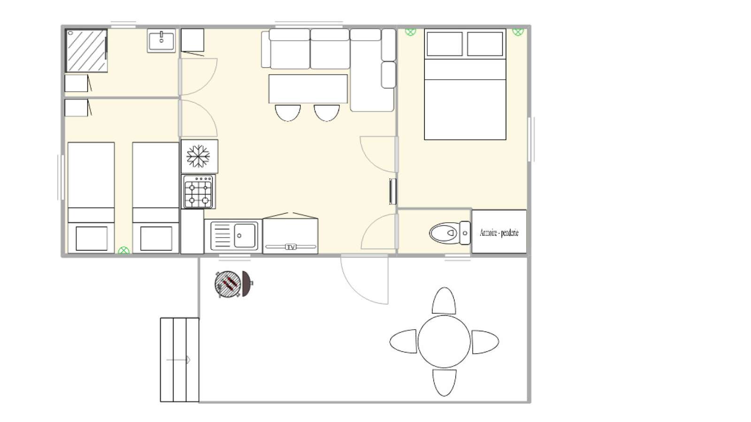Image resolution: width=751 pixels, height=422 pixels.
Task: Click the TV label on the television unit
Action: point(291,247)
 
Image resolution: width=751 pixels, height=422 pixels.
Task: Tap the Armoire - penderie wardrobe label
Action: point(499,233)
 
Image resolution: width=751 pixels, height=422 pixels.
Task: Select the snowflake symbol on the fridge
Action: point(198,156)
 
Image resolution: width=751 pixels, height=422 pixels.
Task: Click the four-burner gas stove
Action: point(199,192)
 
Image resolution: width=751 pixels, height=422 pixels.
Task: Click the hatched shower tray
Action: point(86,51)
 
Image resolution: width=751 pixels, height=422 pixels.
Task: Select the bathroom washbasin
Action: point(161,40)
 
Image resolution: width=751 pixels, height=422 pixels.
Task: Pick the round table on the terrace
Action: point(444,341)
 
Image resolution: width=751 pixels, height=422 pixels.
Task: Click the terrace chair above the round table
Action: point(444,301)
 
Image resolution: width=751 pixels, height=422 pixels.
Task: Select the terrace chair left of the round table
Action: point(403,341)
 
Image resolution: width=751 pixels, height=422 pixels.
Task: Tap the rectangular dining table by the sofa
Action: point(308,89)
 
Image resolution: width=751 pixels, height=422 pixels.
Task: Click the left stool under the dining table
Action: point(288,113)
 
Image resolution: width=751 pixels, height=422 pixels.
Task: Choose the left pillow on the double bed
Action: point(444,44)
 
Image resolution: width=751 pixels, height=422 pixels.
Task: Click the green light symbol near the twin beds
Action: point(124,250)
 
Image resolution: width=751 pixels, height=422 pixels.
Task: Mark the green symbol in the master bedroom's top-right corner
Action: point(518,32)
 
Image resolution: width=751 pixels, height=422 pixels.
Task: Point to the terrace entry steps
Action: point(180,360)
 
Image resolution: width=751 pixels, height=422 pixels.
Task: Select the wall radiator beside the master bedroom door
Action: point(392,192)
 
